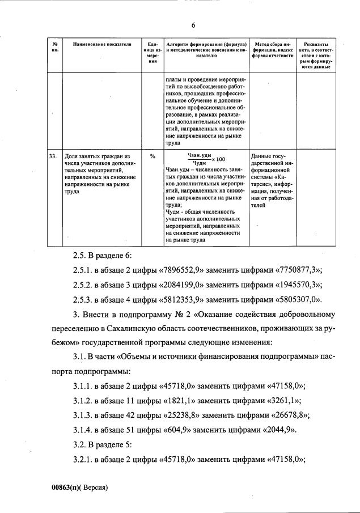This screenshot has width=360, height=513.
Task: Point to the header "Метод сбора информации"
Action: [273, 49]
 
